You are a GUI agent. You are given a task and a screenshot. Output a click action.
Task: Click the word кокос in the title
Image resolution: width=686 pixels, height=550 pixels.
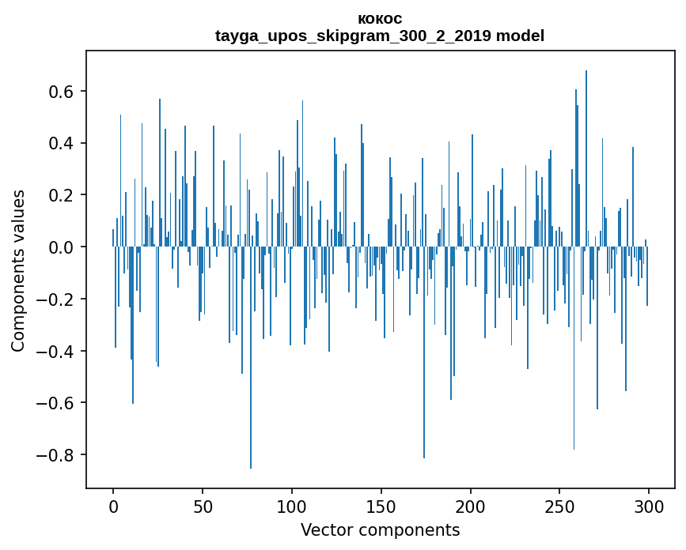pos(380,18)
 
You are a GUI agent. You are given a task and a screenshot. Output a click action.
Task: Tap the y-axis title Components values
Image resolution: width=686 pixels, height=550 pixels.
pos(18,270)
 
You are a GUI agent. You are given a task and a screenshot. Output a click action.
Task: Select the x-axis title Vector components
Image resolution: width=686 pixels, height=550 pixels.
pos(380,529)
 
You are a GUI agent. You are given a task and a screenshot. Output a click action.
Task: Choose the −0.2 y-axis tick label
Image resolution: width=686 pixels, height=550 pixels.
pos(57,299)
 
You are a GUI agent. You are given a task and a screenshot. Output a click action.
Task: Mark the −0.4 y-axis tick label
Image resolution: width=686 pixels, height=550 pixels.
pos(57,351)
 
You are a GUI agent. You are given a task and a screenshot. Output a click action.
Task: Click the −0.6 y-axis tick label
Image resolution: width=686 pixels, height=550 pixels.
pos(57,403)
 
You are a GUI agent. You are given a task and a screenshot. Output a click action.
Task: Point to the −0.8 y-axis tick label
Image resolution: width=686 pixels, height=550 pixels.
pos(57,455)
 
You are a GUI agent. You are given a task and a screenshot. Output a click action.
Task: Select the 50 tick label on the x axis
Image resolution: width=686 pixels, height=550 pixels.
pos(203,506)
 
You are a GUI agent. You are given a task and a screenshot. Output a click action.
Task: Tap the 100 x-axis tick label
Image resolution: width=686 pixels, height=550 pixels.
pos(292,506)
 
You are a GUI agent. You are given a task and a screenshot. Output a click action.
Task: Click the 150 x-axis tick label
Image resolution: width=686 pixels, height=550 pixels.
pos(381,506)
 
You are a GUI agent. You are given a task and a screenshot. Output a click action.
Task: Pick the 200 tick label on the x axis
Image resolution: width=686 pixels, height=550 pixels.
pos(471,506)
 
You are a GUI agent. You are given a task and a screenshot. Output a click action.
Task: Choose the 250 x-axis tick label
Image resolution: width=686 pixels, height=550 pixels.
pos(559,506)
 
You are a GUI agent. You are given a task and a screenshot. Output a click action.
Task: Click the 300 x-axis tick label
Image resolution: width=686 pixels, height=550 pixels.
pos(649,506)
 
